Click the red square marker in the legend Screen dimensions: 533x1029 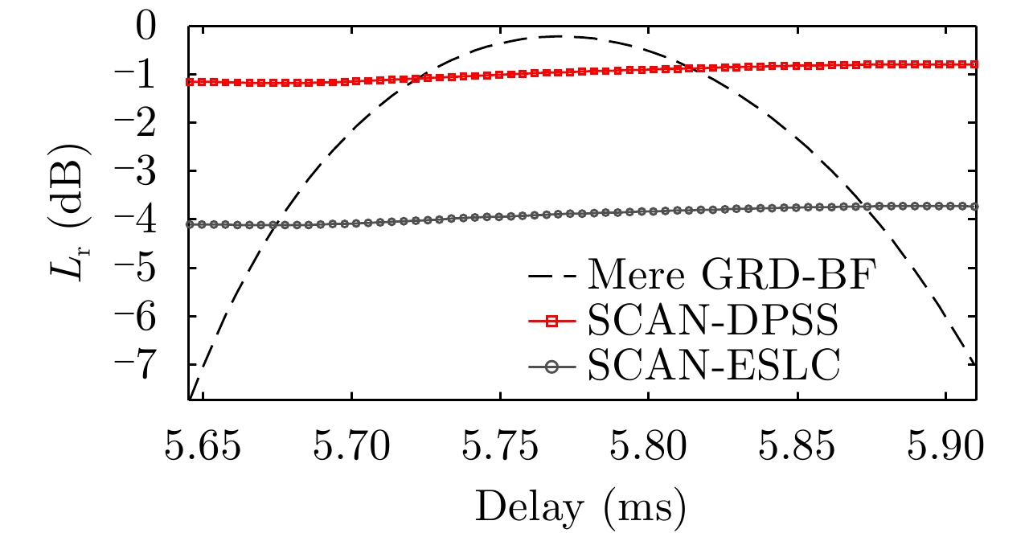552,322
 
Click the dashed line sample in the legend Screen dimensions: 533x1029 552,277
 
